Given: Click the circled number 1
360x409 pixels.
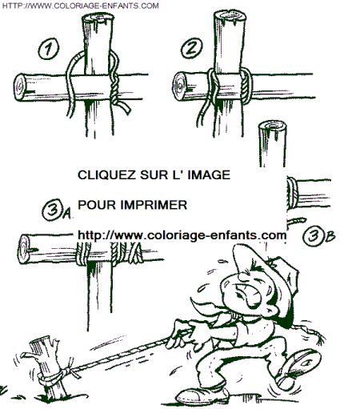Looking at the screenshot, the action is point(48,49).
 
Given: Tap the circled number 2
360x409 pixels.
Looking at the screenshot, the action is point(191,48).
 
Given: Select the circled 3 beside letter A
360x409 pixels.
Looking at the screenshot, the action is point(52,210).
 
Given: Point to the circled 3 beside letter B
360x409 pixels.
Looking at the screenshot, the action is point(313,236).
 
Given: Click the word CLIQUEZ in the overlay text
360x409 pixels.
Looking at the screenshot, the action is point(106,175).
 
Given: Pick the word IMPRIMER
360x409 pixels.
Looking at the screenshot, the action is point(154,205).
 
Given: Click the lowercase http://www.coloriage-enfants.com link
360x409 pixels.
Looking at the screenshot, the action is point(182,235).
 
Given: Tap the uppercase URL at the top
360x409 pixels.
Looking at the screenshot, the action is point(80,6).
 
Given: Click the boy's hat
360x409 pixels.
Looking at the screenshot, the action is point(266,270).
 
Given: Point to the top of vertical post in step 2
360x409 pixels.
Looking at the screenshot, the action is point(230,17).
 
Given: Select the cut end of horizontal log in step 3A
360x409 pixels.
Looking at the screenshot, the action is point(24,250).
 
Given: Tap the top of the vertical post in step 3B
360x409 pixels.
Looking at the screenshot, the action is point(272,126).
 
